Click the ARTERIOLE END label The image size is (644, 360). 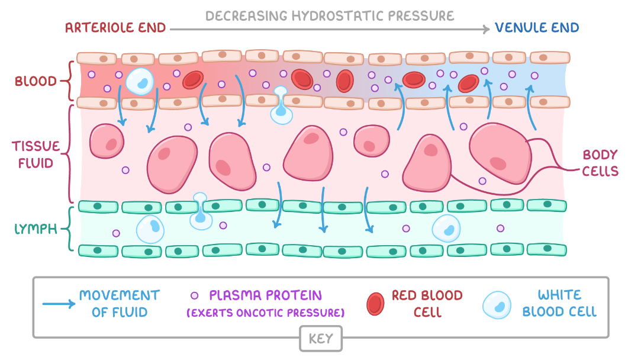115,28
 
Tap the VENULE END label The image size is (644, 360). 537,28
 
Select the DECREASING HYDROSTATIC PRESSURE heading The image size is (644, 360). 330,15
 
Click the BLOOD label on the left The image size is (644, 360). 36,81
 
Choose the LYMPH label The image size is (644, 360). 36,229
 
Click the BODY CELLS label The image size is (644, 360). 600,163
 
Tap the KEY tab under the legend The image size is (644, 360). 321,339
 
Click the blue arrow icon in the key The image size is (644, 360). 59,304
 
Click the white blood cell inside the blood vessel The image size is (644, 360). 140,81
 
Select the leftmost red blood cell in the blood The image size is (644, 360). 193,79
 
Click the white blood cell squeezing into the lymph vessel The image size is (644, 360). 201,212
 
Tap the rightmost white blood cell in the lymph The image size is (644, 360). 446,229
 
